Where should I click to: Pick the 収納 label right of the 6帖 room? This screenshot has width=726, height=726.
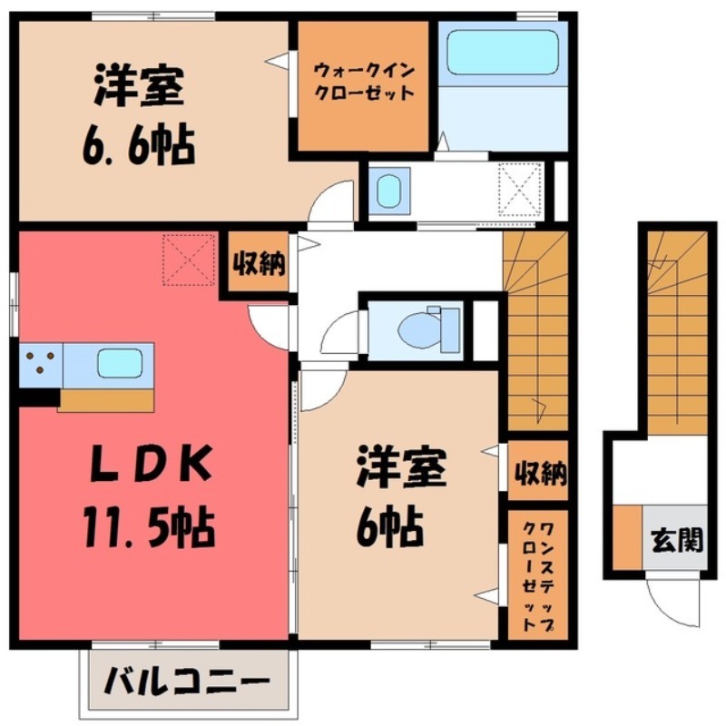(541, 473)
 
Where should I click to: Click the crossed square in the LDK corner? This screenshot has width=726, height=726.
(189, 258)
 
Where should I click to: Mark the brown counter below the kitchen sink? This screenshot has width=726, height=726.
(105, 398)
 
